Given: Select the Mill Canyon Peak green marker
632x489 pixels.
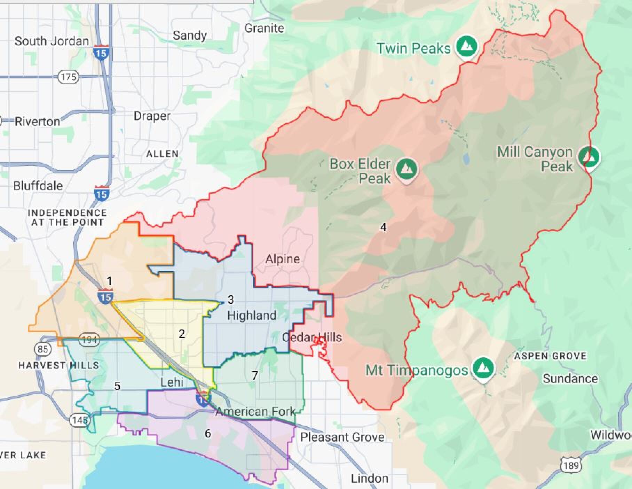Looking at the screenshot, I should click(x=589, y=157).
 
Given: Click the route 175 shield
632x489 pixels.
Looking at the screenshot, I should click(x=68, y=77).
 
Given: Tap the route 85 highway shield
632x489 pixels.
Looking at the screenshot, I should click(x=43, y=348).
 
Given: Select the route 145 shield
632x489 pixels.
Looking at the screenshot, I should click(x=80, y=420).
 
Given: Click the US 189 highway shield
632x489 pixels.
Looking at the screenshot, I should click(x=570, y=465).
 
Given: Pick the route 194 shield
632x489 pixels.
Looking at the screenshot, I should click(x=89, y=339).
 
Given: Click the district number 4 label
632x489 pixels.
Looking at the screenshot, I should click(x=383, y=227).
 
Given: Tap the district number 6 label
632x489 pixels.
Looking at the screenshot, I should click(x=208, y=433).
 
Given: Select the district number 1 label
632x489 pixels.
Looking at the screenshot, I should click(x=110, y=281).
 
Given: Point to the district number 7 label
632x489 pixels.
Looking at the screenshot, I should click(x=255, y=375).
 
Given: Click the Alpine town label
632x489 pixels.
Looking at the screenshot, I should click(x=282, y=259).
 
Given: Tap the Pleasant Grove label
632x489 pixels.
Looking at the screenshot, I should click(x=342, y=437).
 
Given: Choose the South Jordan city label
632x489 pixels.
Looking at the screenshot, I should click(x=52, y=41).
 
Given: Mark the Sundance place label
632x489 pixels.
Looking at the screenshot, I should click(x=570, y=379).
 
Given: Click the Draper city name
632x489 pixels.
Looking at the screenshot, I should click(x=152, y=116).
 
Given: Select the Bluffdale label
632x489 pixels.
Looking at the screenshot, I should click(x=38, y=186).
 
